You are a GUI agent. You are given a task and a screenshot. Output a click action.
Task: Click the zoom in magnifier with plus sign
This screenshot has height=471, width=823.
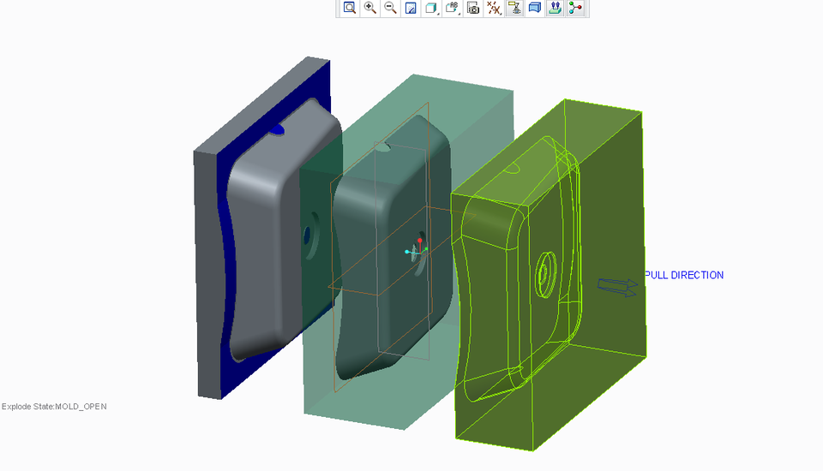370,8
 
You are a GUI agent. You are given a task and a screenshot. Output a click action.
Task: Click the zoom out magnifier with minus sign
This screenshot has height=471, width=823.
390,8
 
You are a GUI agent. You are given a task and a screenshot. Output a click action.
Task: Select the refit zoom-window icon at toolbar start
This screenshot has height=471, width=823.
350,8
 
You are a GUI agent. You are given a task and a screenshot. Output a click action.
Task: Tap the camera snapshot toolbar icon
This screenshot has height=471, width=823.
472,8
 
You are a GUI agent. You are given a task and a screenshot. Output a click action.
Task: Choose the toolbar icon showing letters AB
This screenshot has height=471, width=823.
453,8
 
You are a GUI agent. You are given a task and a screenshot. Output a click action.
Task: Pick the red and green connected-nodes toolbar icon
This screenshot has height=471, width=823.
575,8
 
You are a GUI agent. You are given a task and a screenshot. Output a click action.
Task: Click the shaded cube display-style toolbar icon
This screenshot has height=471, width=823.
431,8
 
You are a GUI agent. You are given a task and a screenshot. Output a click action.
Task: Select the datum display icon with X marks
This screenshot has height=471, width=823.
494,8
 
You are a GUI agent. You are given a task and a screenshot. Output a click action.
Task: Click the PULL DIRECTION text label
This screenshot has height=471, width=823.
684,275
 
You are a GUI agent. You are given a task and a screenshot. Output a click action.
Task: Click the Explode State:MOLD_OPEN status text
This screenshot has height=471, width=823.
54,406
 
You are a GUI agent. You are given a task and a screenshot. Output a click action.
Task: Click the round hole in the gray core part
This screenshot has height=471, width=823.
308,232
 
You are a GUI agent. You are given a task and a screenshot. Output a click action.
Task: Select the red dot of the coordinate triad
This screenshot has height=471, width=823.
420,240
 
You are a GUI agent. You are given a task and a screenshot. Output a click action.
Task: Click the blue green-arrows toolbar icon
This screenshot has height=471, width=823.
555,8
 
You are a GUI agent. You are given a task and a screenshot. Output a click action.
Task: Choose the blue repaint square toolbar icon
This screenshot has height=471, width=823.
411,8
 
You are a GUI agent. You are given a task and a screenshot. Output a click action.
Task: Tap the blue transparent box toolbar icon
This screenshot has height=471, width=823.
534,8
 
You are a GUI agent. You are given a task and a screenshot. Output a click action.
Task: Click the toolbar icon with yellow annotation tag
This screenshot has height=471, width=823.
514,8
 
